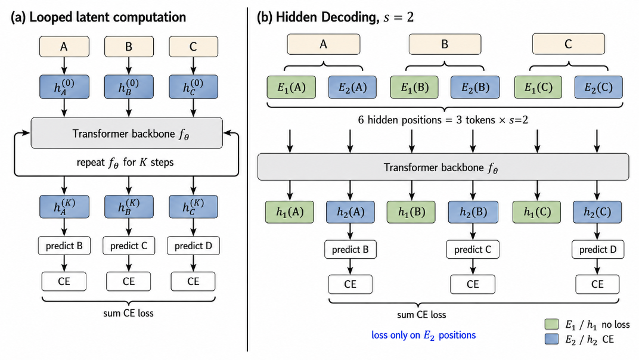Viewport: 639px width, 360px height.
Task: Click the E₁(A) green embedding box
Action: pyautogui.click(x=291, y=87)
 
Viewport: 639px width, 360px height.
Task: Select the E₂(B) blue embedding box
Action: pyautogui.click(x=474, y=87)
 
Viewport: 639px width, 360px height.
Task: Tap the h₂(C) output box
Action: pyautogui.click(x=597, y=212)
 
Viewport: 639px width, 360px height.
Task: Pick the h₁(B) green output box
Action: pyautogui.click(x=411, y=212)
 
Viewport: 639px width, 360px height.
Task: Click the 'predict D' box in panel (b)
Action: pyautogui.click(x=598, y=249)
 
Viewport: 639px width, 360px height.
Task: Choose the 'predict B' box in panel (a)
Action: pyautogui.click(x=64, y=246)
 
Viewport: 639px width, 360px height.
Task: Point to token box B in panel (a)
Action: pyautogui.click(x=129, y=46)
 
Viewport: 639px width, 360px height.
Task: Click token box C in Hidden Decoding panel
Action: pyautogui.click(x=568, y=44)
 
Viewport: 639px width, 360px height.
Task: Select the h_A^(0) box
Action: pyautogui.click(x=64, y=87)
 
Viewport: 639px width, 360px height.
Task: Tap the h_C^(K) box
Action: pyautogui.click(x=193, y=206)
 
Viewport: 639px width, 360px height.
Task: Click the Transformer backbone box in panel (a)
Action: pyautogui.click(x=127, y=134)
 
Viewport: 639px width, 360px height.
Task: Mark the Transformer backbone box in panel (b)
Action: pyautogui.click(x=443, y=167)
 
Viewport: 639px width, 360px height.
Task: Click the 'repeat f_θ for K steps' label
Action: pyautogui.click(x=125, y=162)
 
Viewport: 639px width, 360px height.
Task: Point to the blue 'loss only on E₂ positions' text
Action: pyautogui.click(x=423, y=335)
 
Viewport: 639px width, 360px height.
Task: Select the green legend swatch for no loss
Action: pyautogui.click(x=551, y=324)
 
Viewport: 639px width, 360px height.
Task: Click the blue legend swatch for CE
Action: pyautogui.click(x=551, y=339)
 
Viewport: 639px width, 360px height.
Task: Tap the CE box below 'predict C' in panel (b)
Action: pyautogui.click(x=473, y=284)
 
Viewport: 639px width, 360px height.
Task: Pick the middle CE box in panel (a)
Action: pyautogui.click(x=128, y=281)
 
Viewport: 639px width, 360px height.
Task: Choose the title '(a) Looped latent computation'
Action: pyautogui.click(x=98, y=17)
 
